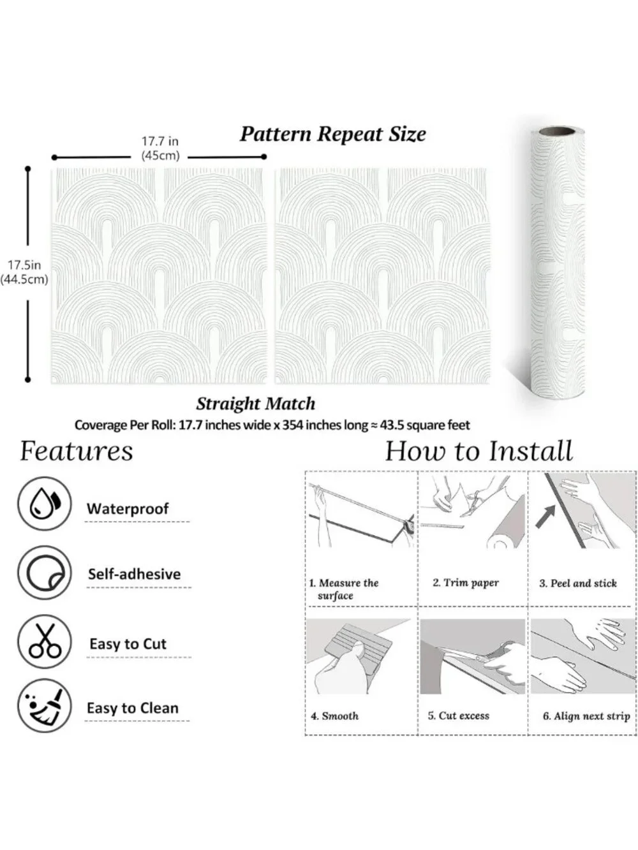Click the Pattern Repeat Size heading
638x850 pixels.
[333, 135]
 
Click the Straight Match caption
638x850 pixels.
[255, 404]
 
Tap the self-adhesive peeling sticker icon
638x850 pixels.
[45, 573]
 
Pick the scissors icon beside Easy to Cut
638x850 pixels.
[45, 641]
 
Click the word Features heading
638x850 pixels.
[77, 451]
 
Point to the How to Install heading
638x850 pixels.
[478, 451]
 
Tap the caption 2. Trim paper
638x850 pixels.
[466, 582]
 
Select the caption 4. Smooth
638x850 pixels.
[335, 715]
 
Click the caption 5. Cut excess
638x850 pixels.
[459, 715]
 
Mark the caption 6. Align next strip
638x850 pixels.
[586, 716]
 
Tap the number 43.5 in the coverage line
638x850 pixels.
[392, 425]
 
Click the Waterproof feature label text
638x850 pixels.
[128, 509]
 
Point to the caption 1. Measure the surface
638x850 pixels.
[344, 589]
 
